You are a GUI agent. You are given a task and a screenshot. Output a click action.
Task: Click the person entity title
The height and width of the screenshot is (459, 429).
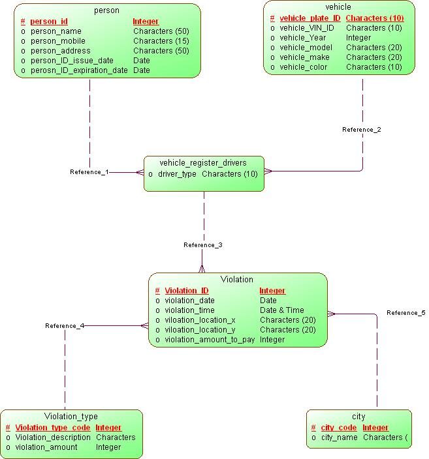(107, 10)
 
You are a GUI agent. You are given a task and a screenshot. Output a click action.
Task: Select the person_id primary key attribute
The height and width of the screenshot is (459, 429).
(49, 22)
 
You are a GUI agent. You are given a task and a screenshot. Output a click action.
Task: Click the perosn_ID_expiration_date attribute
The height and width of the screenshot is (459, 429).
(78, 70)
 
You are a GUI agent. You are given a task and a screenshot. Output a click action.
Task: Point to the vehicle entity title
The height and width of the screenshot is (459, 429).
(338, 7)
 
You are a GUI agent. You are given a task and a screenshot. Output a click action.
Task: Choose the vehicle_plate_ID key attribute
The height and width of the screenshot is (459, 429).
(310, 18)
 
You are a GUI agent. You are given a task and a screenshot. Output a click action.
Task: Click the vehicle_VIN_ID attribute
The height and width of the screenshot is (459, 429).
(306, 28)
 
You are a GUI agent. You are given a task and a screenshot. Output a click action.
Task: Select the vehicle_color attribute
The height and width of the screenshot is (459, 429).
(304, 67)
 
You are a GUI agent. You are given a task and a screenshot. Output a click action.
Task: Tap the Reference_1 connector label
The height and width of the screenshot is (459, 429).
(89, 172)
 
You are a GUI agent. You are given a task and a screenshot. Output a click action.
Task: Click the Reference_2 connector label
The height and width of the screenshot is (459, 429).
(361, 130)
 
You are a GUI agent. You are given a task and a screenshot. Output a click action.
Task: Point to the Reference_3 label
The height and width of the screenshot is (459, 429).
(202, 245)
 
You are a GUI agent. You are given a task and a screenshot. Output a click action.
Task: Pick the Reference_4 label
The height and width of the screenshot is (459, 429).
(64, 325)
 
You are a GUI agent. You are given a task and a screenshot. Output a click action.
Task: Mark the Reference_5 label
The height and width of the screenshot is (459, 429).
(405, 313)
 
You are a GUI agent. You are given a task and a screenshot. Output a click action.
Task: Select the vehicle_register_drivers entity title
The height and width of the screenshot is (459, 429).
(203, 162)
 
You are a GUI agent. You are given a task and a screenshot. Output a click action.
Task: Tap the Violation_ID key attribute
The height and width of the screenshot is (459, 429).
(187, 291)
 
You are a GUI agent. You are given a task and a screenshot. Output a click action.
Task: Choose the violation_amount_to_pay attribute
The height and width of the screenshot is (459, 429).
(210, 340)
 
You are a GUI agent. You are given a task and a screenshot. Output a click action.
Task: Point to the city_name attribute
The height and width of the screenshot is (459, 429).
(339, 437)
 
